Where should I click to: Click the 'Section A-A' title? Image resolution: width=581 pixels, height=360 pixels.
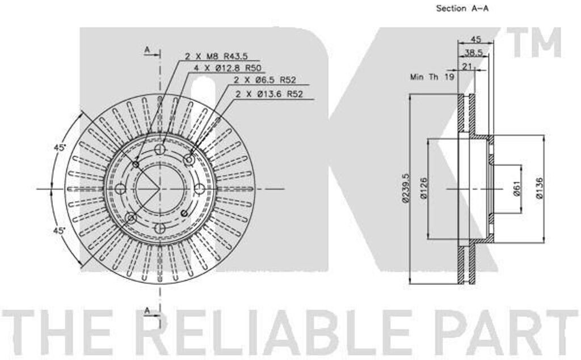click(462, 9)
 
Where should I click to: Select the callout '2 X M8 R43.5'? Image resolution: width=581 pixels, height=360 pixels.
click(216, 56)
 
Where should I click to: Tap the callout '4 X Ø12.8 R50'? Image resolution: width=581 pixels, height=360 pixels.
click(228, 68)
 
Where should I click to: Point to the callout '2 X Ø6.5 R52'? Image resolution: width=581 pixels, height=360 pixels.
click(265, 79)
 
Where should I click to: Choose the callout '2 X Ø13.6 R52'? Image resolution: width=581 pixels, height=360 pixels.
click(270, 94)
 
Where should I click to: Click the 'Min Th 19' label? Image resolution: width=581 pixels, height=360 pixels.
click(432, 77)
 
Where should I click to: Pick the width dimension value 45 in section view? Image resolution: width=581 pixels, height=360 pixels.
click(476, 39)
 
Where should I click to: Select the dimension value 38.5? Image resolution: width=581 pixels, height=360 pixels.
click(474, 53)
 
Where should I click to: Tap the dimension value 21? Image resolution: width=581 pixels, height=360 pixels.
click(467, 66)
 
